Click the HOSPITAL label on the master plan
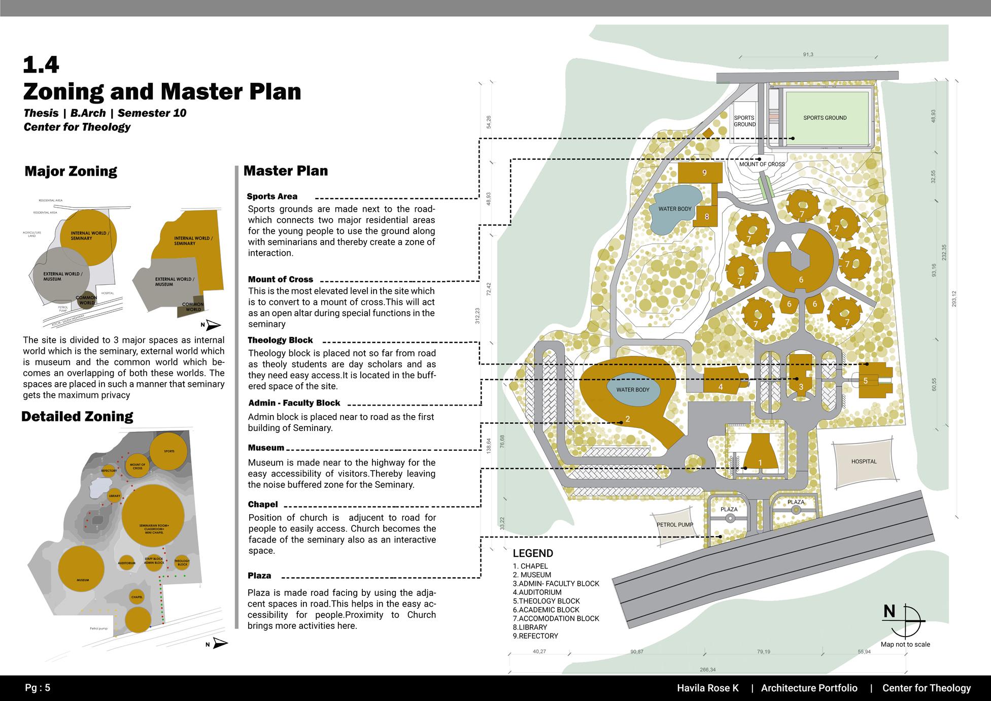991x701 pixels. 864,461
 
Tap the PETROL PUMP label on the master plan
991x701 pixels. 674,524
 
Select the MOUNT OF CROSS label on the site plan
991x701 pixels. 762,164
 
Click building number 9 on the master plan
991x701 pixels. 704,173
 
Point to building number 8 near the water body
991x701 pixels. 706,217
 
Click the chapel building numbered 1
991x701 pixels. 760,462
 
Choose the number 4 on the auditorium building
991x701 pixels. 720,387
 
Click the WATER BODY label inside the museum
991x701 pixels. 633,390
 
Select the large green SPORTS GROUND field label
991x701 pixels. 825,118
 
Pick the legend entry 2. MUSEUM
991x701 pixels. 532,575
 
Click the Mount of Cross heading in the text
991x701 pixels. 281,279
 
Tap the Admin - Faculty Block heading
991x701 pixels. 294,403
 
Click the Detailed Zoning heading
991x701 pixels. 77,417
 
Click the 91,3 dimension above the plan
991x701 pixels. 808,54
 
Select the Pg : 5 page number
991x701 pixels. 38,688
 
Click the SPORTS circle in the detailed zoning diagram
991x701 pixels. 168,451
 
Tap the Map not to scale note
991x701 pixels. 905,644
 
